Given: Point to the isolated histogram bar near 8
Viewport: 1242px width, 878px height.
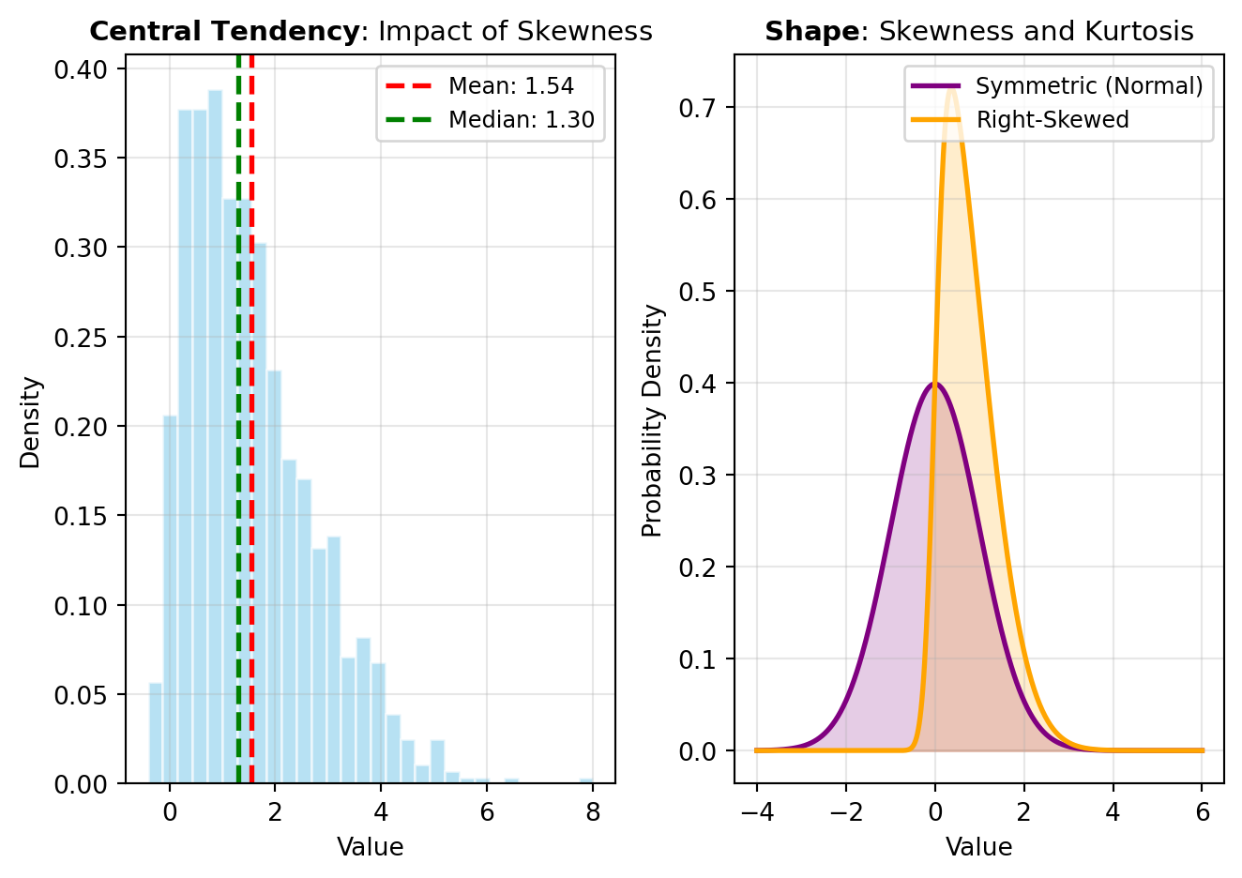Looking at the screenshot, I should [x=586, y=780].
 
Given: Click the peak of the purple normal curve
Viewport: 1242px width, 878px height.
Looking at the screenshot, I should [x=934, y=383].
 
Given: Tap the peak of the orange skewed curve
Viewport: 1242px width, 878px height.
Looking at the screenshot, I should [x=952, y=85].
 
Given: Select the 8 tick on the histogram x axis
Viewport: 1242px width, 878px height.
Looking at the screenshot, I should [x=593, y=812].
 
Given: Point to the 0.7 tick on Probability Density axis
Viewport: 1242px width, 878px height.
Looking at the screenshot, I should [x=700, y=108].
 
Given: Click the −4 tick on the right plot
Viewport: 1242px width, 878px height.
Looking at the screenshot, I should [x=756, y=812].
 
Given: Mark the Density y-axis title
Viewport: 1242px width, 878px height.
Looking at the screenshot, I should [x=31, y=422].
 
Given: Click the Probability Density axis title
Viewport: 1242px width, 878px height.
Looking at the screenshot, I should [x=653, y=420].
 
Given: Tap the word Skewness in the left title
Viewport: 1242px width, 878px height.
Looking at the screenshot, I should [x=598, y=32].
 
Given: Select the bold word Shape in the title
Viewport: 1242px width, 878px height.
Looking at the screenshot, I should [x=810, y=32].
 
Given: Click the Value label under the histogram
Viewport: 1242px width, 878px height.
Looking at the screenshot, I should [x=370, y=848].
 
